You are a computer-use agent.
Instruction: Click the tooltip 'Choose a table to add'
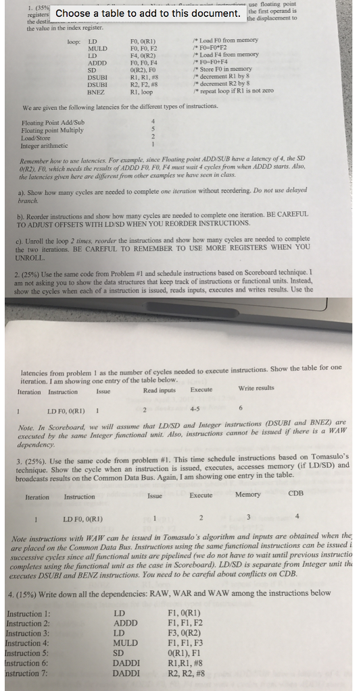click(148, 13)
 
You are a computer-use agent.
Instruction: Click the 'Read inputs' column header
click(159, 389)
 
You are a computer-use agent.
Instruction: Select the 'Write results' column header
click(256, 388)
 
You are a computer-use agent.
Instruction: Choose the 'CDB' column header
click(296, 493)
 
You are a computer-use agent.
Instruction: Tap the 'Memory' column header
click(248, 494)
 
